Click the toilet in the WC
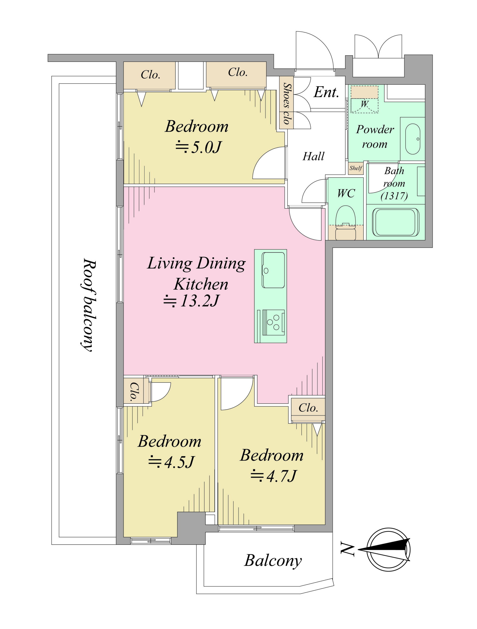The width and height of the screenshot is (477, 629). (345, 223)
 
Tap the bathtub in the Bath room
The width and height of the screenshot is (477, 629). (395, 222)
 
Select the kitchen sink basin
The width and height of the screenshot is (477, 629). (273, 270)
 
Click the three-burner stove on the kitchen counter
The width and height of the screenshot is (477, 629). (273, 322)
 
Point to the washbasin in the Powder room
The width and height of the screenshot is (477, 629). (412, 139)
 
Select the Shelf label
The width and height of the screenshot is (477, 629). (356, 168)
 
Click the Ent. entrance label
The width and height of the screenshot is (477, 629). (326, 92)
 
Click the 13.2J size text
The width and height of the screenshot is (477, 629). (199, 300)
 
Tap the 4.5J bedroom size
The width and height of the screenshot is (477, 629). (179, 461)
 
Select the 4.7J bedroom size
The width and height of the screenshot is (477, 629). (282, 475)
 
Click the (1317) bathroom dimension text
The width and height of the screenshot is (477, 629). (394, 196)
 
